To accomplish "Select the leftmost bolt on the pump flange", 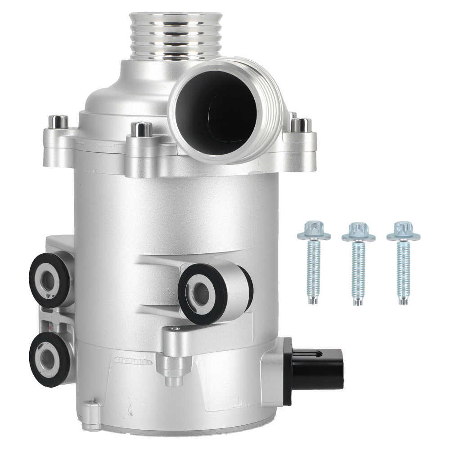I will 58,122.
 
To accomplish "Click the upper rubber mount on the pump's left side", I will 49,279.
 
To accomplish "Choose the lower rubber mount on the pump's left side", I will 49,358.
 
